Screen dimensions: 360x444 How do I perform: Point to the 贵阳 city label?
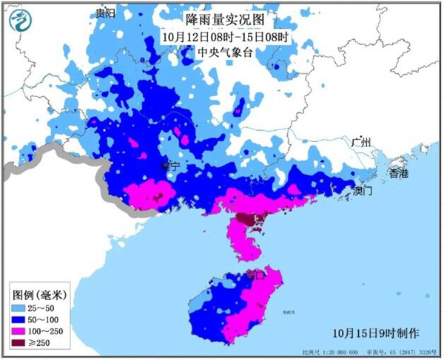click(107, 13)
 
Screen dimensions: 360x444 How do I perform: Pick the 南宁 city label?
click(169, 167)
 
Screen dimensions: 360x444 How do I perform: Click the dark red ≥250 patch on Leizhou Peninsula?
click(246, 220)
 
